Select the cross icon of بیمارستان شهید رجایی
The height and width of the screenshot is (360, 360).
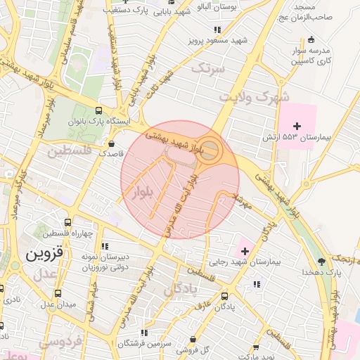click(x=244, y=250)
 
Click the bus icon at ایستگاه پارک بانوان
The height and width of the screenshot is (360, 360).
click(x=98, y=110)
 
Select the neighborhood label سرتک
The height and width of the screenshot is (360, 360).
click(x=210, y=69)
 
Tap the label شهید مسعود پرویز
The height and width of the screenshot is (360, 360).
click(x=217, y=40)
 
